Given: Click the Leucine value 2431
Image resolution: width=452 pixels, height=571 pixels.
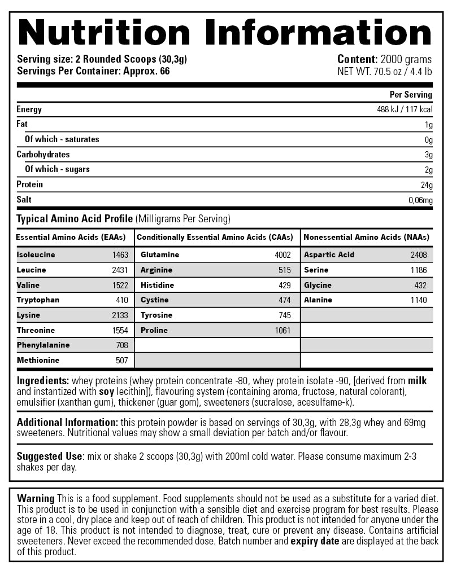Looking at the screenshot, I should [x=120, y=270].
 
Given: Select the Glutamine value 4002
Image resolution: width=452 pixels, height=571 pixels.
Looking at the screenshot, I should [x=282, y=255].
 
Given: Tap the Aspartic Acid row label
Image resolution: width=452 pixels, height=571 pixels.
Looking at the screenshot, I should [x=329, y=255].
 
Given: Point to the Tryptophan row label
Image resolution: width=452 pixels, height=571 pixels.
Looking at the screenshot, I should [x=38, y=300].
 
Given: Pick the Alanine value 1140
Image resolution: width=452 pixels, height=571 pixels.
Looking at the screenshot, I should [x=419, y=300].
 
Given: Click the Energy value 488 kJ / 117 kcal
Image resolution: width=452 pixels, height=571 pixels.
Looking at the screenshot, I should [x=405, y=109].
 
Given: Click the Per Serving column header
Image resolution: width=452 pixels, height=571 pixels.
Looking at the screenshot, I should [x=411, y=95].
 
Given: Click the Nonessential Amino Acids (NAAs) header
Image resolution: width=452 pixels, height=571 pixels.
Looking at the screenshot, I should [x=366, y=238].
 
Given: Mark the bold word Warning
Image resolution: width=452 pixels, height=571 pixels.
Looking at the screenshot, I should [x=36, y=499].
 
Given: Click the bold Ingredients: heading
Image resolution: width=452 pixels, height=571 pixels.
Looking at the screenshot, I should [x=43, y=381].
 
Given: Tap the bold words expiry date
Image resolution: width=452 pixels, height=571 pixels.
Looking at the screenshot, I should [x=315, y=542].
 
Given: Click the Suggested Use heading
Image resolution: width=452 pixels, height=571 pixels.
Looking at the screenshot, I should [x=50, y=456].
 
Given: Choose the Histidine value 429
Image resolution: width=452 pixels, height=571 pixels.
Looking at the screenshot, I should [x=285, y=285].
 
